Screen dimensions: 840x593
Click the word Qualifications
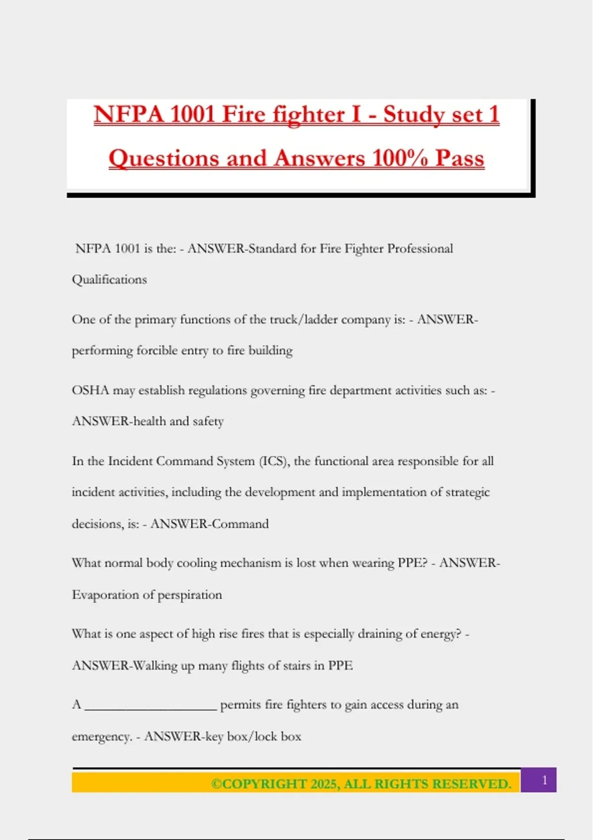tap(109, 280)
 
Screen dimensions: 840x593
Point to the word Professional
tap(420, 249)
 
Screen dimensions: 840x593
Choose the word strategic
tap(467, 493)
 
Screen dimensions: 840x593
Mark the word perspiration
tap(190, 595)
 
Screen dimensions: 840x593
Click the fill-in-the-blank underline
tap(151, 708)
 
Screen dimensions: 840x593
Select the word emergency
tap(101, 737)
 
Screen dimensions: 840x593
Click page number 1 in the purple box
tap(545, 780)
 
